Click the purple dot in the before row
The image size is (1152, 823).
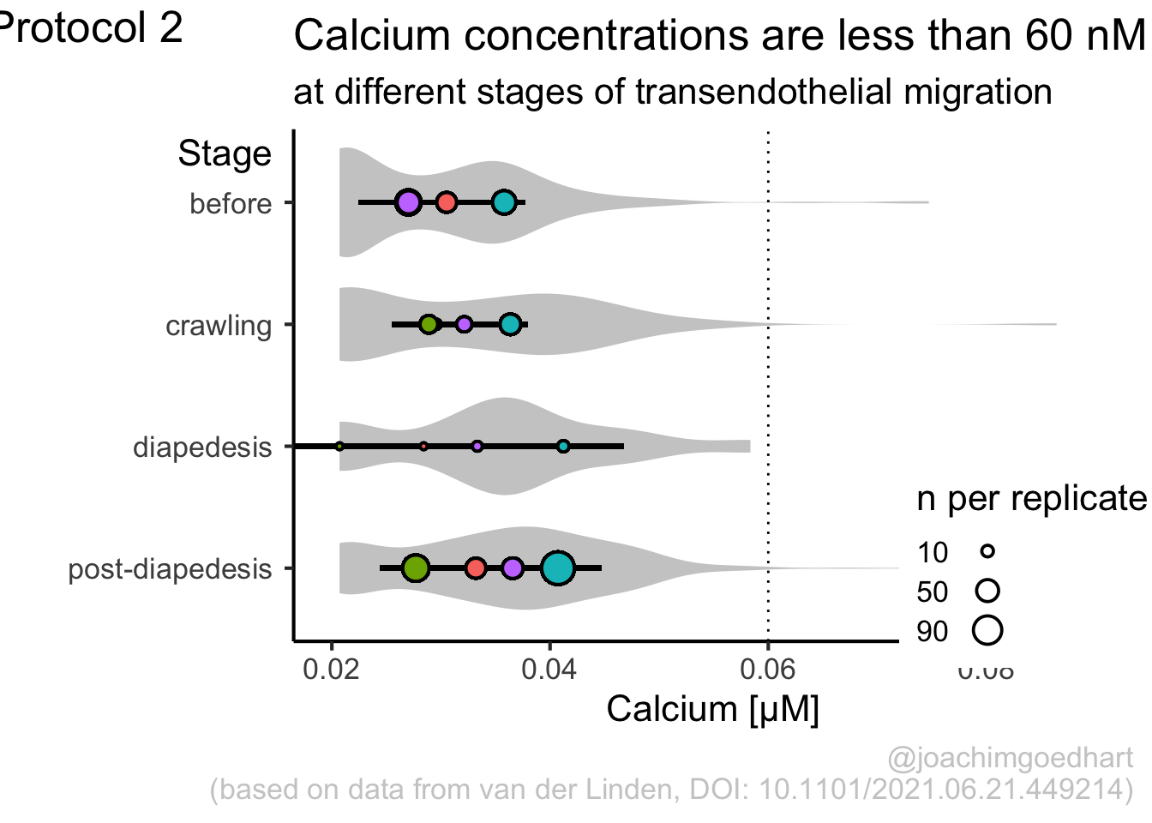click(408, 202)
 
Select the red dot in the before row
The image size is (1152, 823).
click(446, 202)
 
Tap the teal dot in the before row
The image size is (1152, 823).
click(504, 202)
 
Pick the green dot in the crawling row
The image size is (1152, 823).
click(429, 324)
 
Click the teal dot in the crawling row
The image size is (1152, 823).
click(510, 324)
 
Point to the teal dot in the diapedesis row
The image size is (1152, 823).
click(563, 446)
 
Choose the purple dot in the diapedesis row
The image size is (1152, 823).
click(477, 446)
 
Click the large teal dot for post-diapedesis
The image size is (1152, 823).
click(557, 568)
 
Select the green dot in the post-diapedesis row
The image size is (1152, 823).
click(416, 568)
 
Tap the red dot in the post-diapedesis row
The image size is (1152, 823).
click(476, 568)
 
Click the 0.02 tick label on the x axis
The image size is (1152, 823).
click(332, 670)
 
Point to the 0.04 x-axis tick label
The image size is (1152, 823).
click(549, 670)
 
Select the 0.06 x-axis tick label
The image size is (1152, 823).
click(768, 670)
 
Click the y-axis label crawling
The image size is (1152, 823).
click(219, 326)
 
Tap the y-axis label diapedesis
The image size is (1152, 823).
click(202, 448)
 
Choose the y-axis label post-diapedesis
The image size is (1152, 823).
click(170, 569)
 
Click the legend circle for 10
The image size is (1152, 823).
click(987, 551)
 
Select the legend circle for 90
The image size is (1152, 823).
click(987, 630)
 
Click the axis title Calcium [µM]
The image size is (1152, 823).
click(713, 710)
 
